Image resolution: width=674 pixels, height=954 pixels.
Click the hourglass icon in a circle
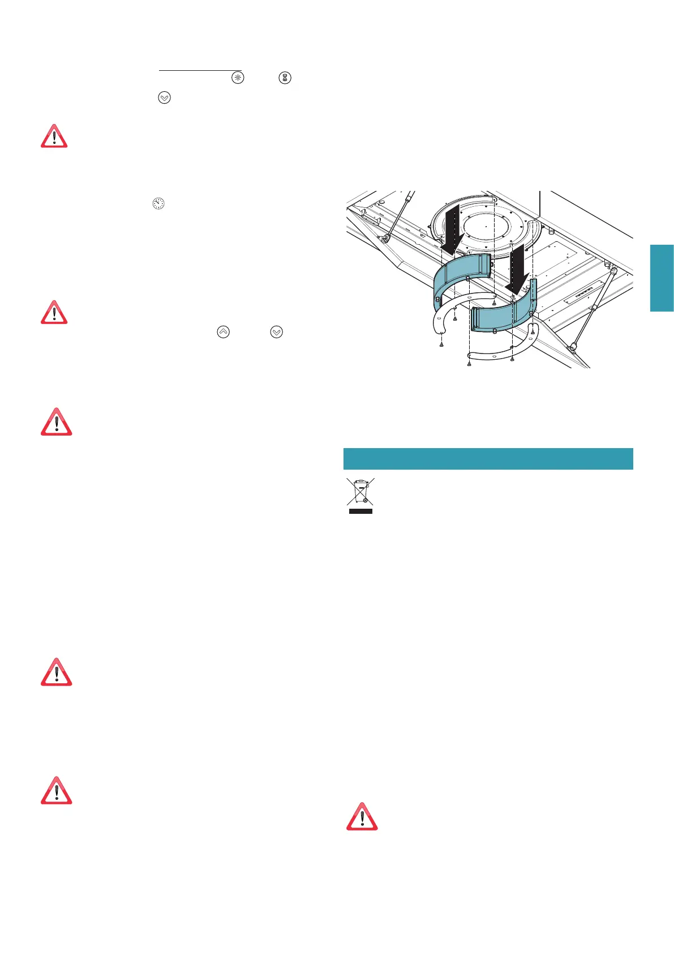click(285, 78)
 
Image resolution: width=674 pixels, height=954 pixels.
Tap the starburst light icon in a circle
click(238, 78)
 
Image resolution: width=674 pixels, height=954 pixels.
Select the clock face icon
click(158, 203)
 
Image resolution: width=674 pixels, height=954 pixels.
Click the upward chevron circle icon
click(224, 332)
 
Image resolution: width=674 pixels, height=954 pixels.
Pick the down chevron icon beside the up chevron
click(276, 332)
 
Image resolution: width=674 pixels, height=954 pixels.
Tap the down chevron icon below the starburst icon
click(164, 97)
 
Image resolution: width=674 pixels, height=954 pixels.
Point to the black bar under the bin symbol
click(360, 511)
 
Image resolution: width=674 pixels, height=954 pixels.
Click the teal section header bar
click(488, 458)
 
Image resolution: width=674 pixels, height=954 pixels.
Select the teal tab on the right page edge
click(662, 278)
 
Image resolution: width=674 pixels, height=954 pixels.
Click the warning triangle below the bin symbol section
click(362, 816)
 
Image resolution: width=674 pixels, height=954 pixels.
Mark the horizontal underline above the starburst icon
click(200, 71)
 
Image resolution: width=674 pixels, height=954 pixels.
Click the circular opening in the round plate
click(484, 227)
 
